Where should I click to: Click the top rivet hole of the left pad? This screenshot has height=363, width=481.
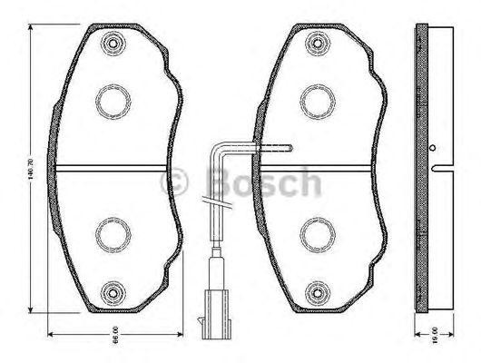(x=113, y=42)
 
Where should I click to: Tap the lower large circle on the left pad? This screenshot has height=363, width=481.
(x=113, y=236)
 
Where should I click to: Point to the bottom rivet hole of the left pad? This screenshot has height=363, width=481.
(x=113, y=292)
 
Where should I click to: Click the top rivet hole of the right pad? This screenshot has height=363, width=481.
(x=317, y=42)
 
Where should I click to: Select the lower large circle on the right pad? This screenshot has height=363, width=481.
(x=317, y=236)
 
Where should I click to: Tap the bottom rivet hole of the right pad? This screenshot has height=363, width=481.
(x=317, y=292)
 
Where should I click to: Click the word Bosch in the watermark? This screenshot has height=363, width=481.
(x=263, y=184)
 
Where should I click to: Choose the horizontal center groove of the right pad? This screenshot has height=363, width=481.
(x=317, y=167)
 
